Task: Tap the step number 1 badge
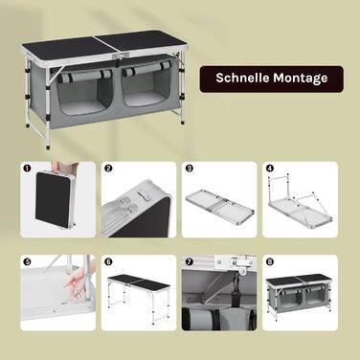pos(27,168)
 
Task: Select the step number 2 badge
pos(108,169)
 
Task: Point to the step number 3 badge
pos(189,169)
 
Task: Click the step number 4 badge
pos(270,169)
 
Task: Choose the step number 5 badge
pos(27,261)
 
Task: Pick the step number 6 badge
pos(108,261)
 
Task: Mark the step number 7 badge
pos(189,261)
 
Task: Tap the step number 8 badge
pos(270,261)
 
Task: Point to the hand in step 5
pos(76,281)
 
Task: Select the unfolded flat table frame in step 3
pos(220,204)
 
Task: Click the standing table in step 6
pos(139,294)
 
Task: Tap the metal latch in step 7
pos(241,263)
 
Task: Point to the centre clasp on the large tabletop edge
pos(121,56)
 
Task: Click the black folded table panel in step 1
pos(53,199)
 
